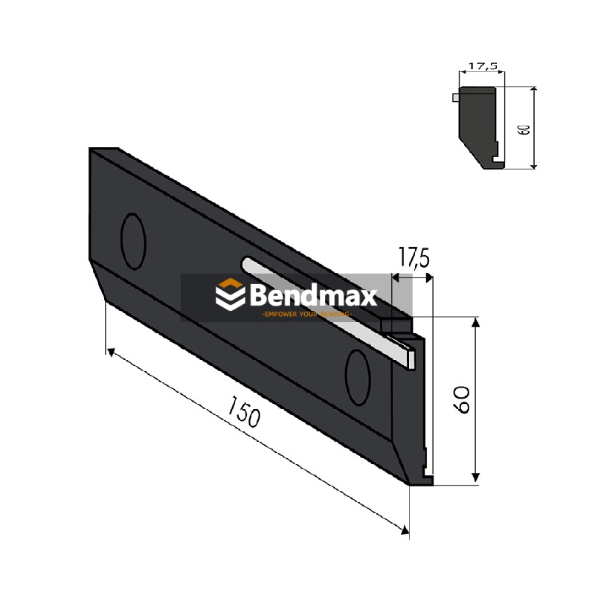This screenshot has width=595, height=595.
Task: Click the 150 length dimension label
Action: pyautogui.click(x=245, y=414)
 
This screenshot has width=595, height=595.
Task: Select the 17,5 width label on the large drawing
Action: pyautogui.click(x=414, y=260)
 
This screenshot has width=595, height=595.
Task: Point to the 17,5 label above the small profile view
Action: pyautogui.click(x=483, y=66)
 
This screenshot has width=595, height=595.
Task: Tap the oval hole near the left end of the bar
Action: pyautogui.click(x=134, y=241)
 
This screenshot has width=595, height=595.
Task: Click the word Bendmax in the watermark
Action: pyautogui.click(x=313, y=295)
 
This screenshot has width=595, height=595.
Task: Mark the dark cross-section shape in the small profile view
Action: pyautogui.click(x=478, y=123)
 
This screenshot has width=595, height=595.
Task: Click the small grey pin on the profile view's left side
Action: pyautogui.click(x=455, y=96)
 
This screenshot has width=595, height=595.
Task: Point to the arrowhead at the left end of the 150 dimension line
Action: pyautogui.click(x=110, y=351)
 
